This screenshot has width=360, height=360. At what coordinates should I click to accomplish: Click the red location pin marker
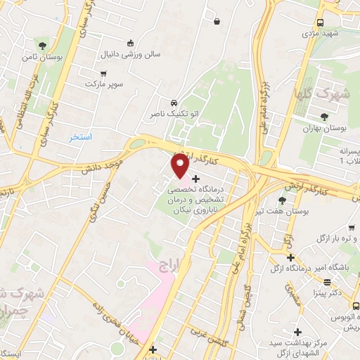coord(179,166)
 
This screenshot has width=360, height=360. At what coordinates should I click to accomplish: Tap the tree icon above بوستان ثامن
coord(44,46)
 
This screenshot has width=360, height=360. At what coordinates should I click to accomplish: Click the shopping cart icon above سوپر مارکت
coord(104,73)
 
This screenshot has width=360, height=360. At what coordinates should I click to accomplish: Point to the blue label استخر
coord(80,136)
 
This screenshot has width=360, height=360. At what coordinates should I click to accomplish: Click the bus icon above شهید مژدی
coord(321,22)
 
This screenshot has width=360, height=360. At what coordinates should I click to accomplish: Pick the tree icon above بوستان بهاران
coord(323,117)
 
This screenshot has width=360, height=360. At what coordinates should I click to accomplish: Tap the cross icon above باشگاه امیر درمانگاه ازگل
coord(290,257)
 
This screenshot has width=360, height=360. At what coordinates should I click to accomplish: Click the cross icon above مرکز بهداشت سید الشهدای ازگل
coord(298,332)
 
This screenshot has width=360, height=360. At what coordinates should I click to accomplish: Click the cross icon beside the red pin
coord(195,180)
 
